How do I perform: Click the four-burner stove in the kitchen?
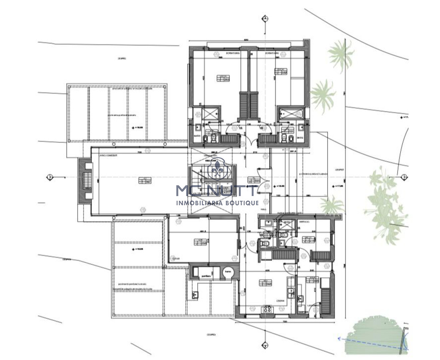point(266,308)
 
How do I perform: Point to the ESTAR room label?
point(175,259)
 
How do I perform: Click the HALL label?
point(263,208)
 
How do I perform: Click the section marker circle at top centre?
point(265,18)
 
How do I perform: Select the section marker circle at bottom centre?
point(265,344)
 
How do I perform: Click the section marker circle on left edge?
point(50,176)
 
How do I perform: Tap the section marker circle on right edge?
point(404,176)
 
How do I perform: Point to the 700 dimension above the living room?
point(140,152)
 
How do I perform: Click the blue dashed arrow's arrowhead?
point(339,338)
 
